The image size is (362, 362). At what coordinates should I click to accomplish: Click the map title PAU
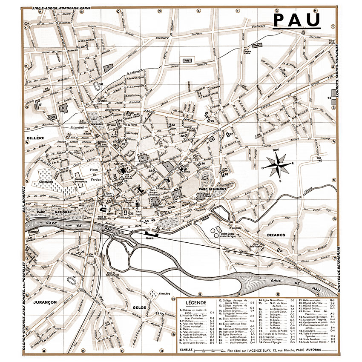click(296, 20)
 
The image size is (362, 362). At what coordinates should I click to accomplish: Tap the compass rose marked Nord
click(277, 166)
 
